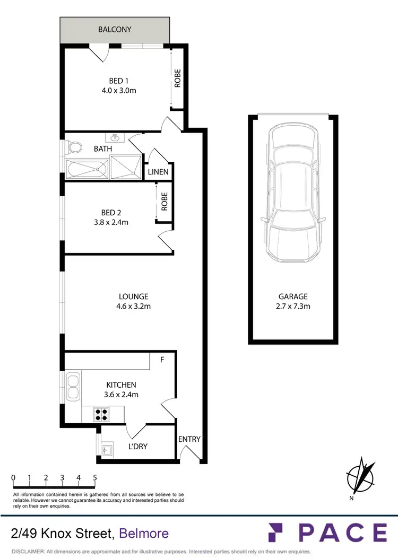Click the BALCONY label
point(115,29)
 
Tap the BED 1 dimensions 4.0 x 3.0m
point(119,90)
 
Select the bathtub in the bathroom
point(88,170)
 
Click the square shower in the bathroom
point(127,168)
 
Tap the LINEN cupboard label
point(158,172)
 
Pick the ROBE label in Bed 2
point(165,202)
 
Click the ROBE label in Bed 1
point(178,79)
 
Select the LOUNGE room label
point(133,297)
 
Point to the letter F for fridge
point(163,359)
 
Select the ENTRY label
point(189,439)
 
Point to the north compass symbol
point(360,476)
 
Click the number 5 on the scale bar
point(95,477)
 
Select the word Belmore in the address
point(144,533)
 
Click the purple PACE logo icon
point(276,533)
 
